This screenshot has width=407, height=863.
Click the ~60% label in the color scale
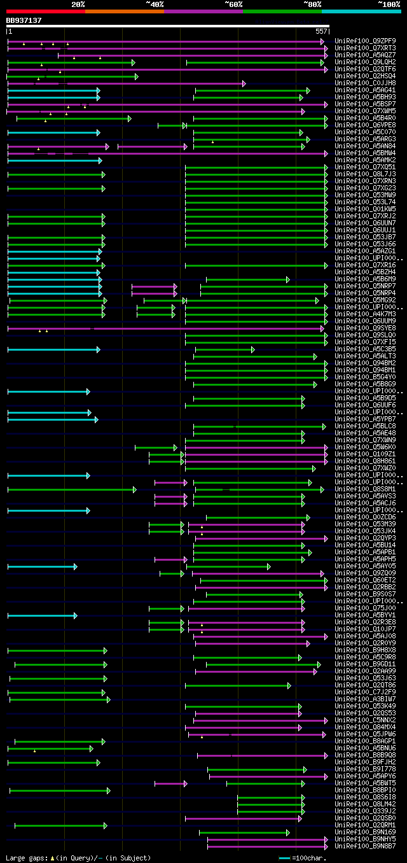(x=233, y=4)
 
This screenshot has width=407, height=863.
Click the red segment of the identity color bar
(x=45, y=11)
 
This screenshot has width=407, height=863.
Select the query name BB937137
(x=24, y=20)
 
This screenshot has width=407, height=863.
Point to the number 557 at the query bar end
(x=321, y=31)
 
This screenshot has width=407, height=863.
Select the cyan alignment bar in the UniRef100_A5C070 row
(x=53, y=132)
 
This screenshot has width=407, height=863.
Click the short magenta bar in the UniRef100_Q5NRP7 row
(x=153, y=286)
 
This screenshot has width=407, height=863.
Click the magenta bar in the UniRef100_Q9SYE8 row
(x=165, y=328)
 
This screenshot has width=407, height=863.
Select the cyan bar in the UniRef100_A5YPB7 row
(x=52, y=419)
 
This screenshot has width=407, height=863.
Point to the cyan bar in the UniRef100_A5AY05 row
(x=42, y=566)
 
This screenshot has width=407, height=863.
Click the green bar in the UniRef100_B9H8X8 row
(x=57, y=650)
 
